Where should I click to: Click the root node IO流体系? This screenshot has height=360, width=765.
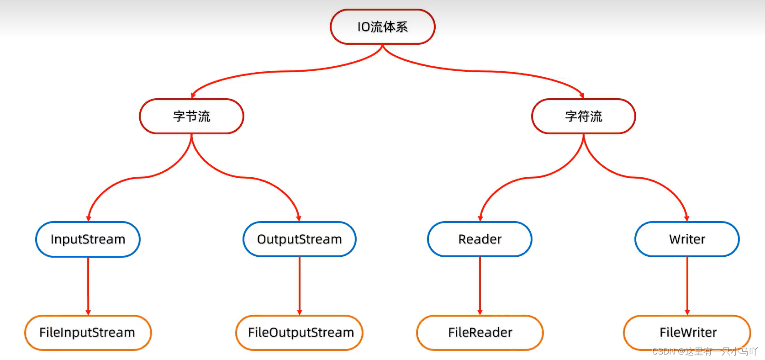pyautogui.click(x=382, y=27)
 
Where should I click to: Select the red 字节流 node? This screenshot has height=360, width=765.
pyautogui.click(x=191, y=116)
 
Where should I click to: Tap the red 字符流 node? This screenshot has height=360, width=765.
pyautogui.click(x=583, y=116)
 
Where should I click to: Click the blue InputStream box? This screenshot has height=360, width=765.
pyautogui.click(x=88, y=239)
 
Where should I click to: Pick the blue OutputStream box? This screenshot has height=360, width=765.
pyautogui.click(x=299, y=239)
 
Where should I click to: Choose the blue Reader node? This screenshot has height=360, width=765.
pyautogui.click(x=480, y=239)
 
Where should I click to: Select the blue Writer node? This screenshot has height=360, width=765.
pyautogui.click(x=687, y=239)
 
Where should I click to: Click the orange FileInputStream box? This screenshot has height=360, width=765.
pyautogui.click(x=88, y=333)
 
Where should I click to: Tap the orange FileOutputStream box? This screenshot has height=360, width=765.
pyautogui.click(x=300, y=333)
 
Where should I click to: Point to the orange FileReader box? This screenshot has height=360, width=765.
pyautogui.click(x=480, y=333)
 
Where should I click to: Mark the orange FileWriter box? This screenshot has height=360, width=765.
pyautogui.click(x=687, y=333)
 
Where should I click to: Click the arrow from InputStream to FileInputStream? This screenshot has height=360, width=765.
pyautogui.click(x=88, y=286)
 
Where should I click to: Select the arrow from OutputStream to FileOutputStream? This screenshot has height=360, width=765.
pyautogui.click(x=300, y=286)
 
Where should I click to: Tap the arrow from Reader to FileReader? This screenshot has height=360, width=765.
pyautogui.click(x=480, y=286)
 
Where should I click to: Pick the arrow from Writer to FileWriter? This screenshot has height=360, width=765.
pyautogui.click(x=687, y=286)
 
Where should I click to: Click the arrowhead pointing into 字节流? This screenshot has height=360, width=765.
pyautogui.click(x=193, y=95)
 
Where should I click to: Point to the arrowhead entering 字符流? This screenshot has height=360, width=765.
pyautogui.click(x=582, y=95)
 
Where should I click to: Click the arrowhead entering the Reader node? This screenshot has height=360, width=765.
pyautogui.click(x=480, y=218)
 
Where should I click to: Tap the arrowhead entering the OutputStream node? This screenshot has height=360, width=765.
pyautogui.click(x=299, y=218)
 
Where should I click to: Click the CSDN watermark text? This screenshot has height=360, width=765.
pyautogui.click(x=704, y=351)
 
